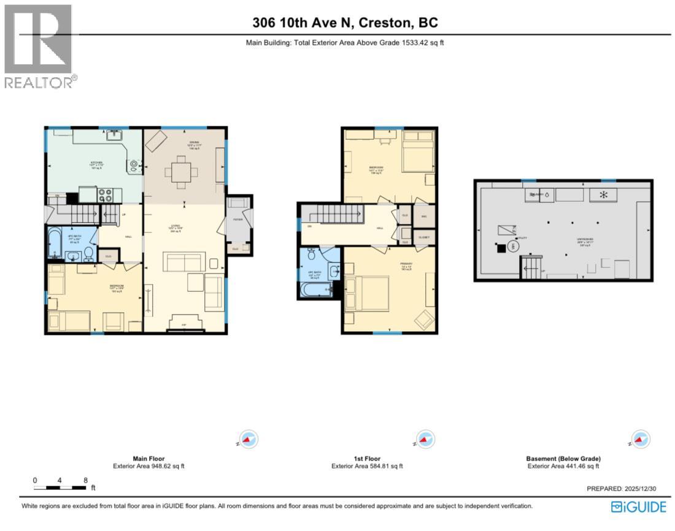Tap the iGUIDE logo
click(x=638, y=506)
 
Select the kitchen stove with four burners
click(x=106, y=195)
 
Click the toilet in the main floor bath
click(x=88, y=253)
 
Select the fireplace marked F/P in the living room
click(x=185, y=326)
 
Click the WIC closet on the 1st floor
click(x=424, y=216)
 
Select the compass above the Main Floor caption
click(x=249, y=440)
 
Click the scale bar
click(x=60, y=487)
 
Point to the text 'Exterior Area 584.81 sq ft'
click(x=367, y=466)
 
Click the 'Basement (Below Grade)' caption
click(x=563, y=458)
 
